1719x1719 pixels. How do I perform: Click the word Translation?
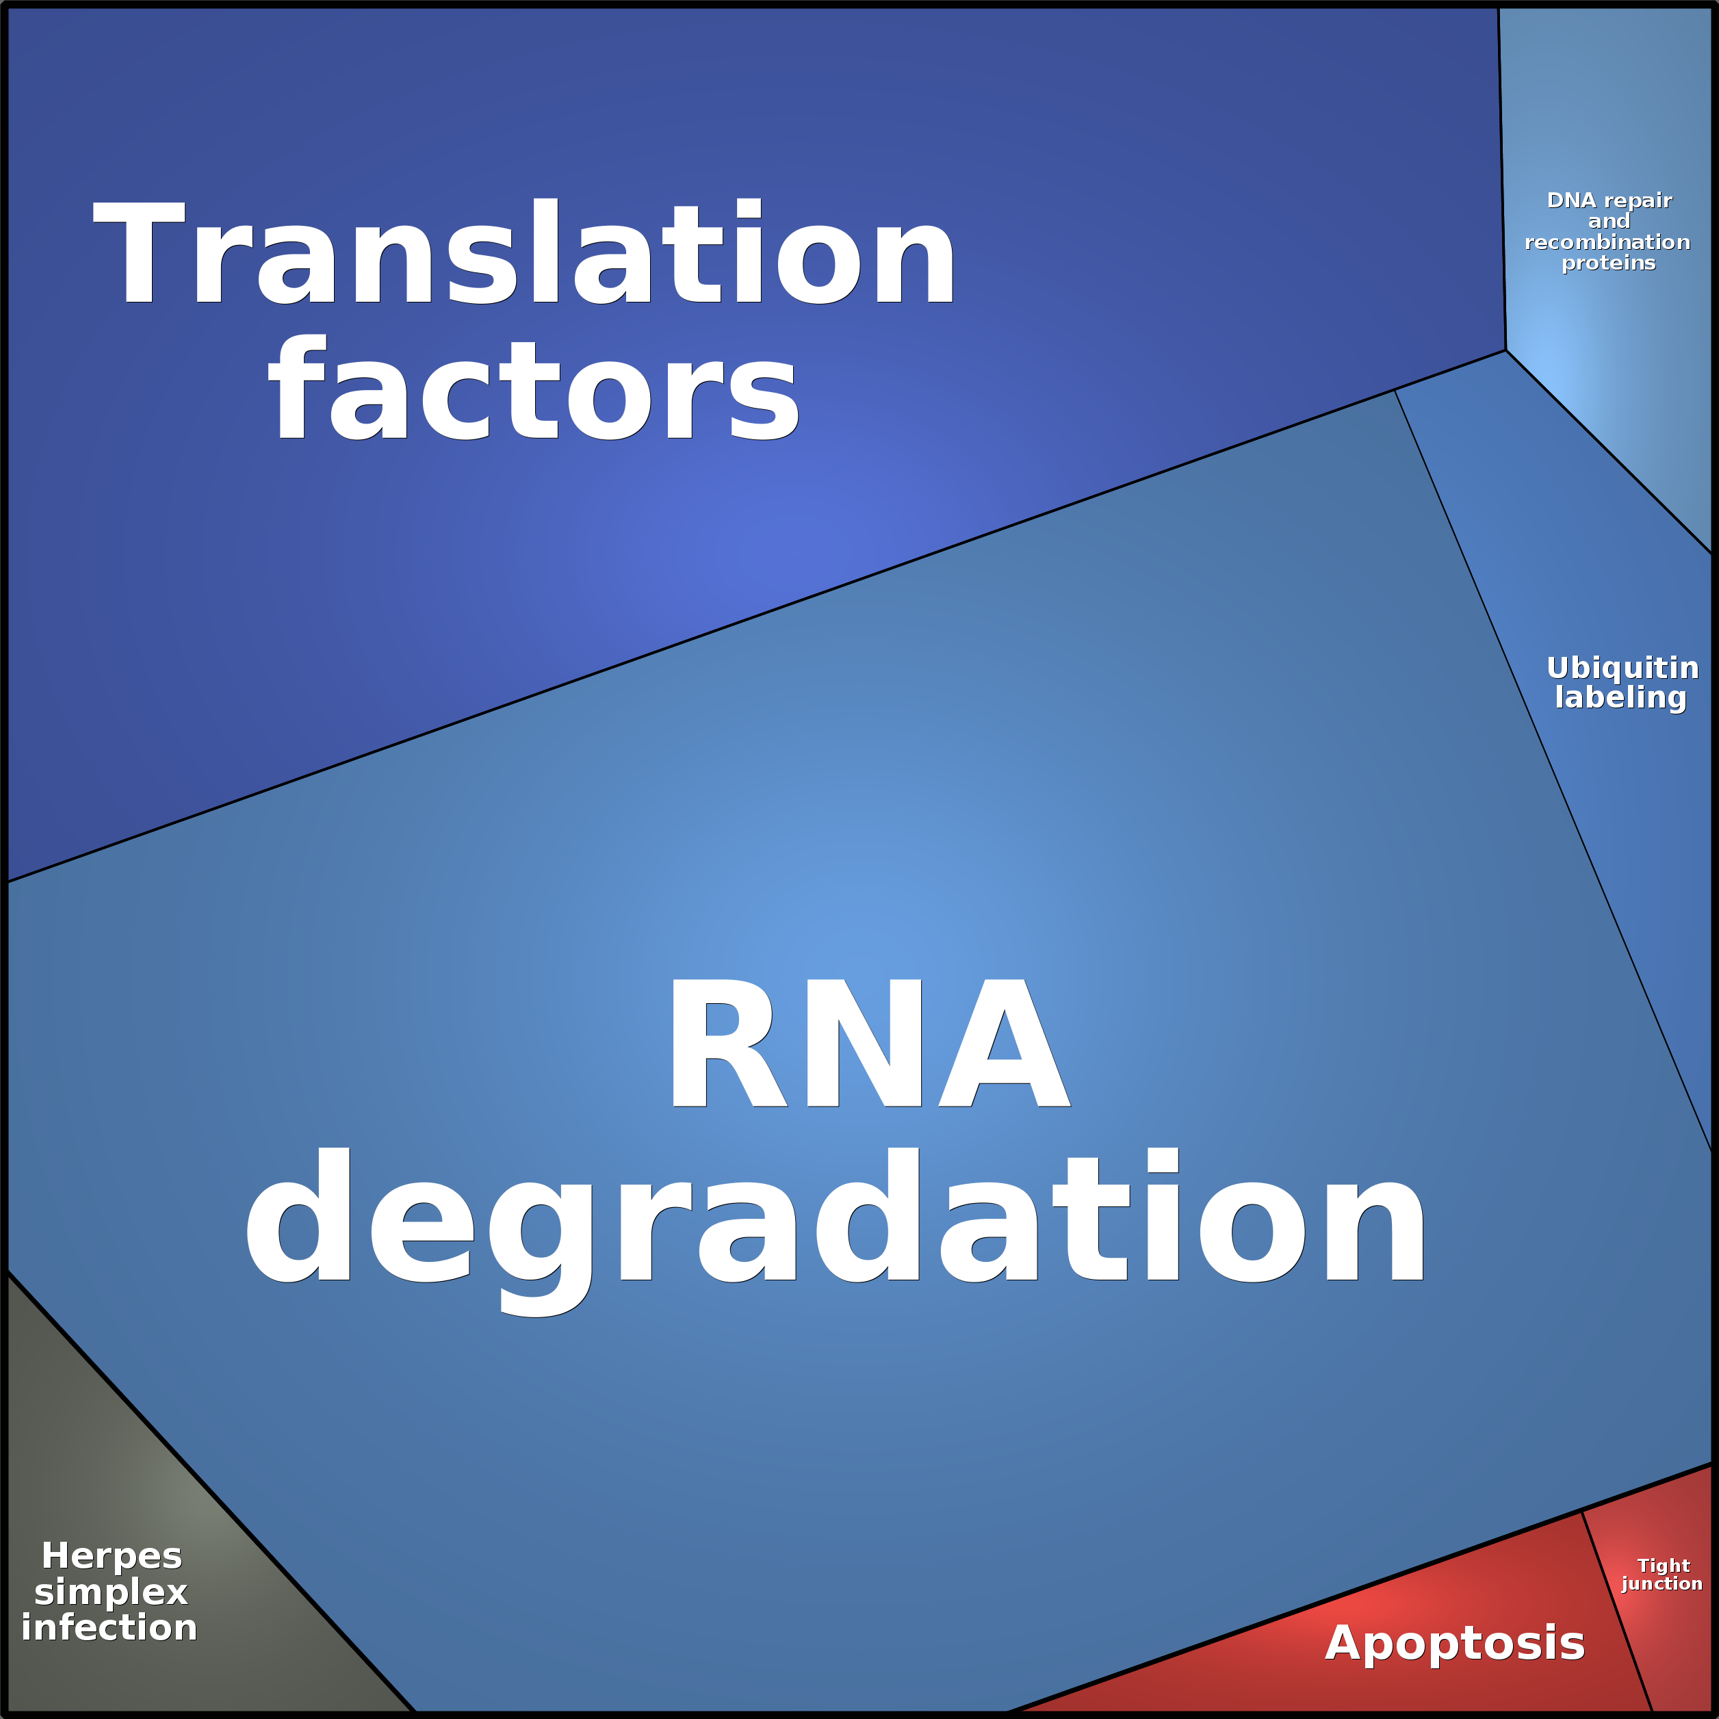point(524,252)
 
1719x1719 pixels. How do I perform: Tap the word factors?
point(534,389)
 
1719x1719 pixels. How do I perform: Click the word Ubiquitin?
point(1622,667)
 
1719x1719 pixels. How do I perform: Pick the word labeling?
point(1620,697)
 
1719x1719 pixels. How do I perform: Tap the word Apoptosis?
point(1455,1642)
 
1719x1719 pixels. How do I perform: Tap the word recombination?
point(1607,242)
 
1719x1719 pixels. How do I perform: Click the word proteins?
point(1609,263)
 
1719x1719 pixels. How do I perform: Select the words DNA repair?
point(1610,201)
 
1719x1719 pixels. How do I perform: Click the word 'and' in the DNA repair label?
point(1609,220)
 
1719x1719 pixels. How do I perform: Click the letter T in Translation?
point(139,252)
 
